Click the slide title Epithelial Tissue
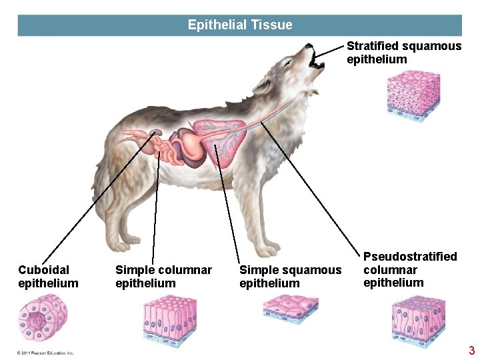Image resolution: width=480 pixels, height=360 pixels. point(240,25)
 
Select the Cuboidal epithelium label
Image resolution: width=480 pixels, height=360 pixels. point(48,277)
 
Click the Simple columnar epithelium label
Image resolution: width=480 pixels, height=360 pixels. point(163,277)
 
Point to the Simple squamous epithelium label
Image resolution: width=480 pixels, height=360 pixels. point(290,277)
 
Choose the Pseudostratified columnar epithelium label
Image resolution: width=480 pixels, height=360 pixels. point(410,269)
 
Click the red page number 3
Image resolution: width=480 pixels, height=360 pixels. point(471,351)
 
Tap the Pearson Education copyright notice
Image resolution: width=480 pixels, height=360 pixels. point(45,353)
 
